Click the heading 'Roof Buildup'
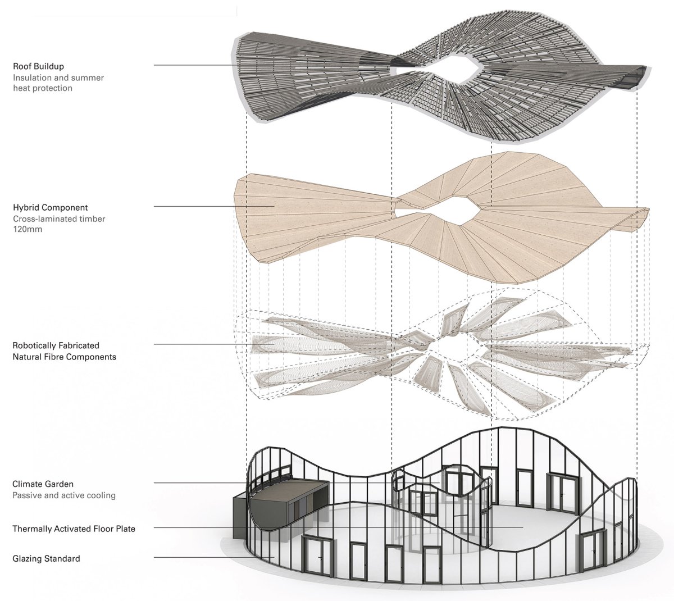coord(38,66)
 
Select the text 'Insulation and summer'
coord(58,78)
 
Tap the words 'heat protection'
coord(43,88)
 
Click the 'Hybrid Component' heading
coord(50,208)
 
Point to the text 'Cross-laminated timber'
coord(59,219)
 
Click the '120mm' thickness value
coord(28,229)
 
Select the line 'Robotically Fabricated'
coord(56,345)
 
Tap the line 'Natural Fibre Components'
coord(64,357)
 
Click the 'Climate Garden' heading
coord(43,484)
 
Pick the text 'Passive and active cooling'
coord(64,495)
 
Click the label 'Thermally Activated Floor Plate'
coord(74,529)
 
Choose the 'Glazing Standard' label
coord(46,558)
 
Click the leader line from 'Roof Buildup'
coord(195,65)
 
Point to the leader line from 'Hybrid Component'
coord(214,206)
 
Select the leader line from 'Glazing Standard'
coord(214,557)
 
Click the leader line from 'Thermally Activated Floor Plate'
coord(338,527)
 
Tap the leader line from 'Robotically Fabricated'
coord(214,344)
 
